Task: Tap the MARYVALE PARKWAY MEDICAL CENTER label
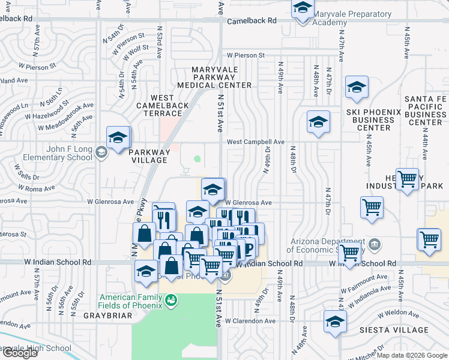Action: click(x=221, y=77)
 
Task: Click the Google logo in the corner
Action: click(x=20, y=353)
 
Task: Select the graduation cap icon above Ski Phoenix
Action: click(x=357, y=88)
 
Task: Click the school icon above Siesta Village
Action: click(x=335, y=322)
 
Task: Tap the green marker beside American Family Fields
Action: click(x=171, y=299)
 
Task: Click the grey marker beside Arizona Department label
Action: click(x=375, y=244)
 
